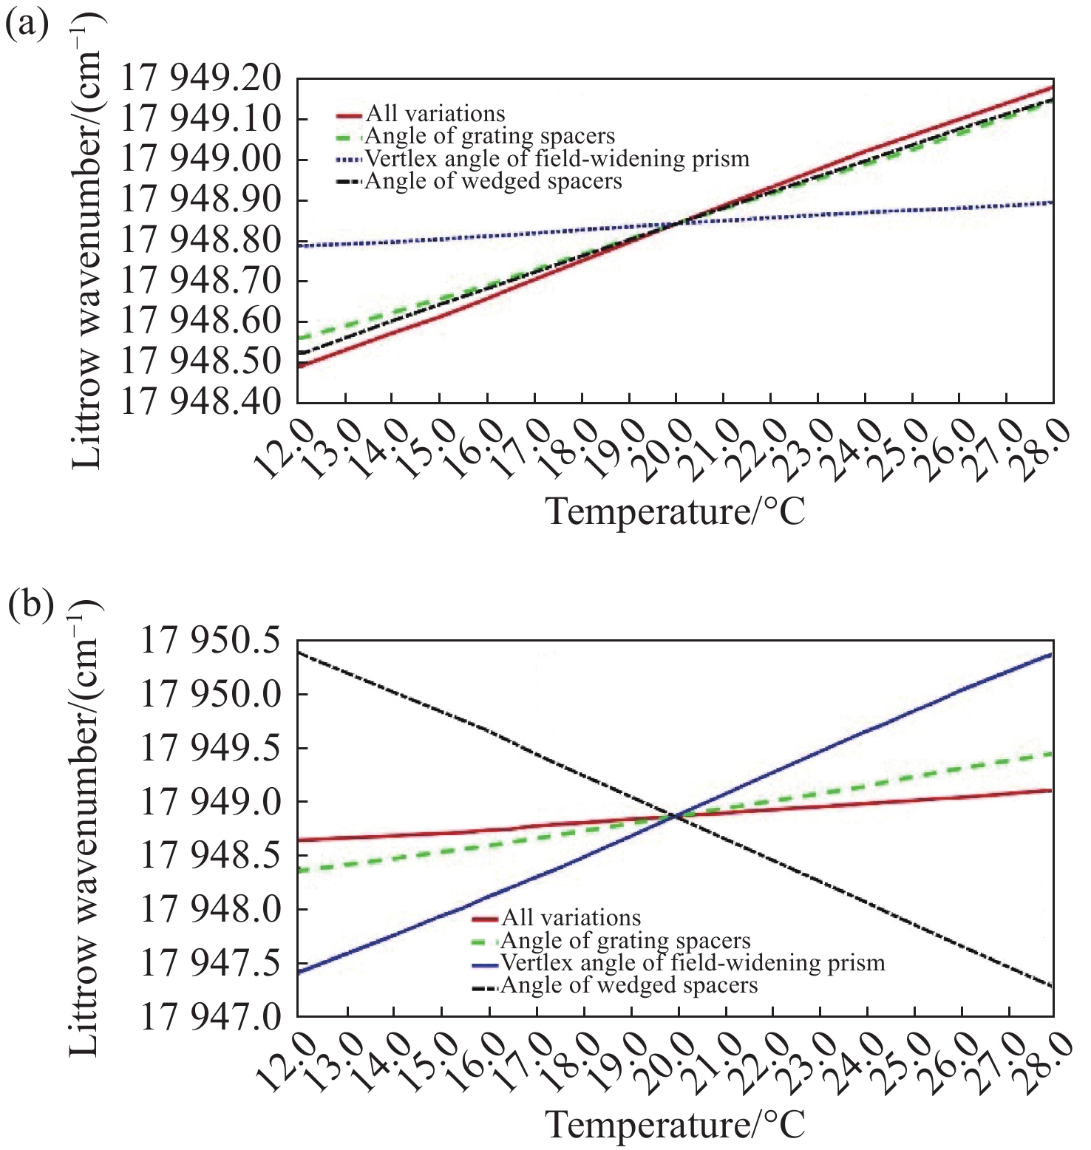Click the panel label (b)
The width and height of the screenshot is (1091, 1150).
30,605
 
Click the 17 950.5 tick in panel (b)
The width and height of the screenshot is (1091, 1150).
211,640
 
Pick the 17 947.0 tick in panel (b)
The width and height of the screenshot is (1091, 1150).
211,1017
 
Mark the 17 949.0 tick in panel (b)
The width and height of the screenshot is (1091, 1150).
211,802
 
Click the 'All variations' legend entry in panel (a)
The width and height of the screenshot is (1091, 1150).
435,114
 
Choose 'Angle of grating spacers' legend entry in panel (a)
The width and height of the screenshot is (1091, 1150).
490,137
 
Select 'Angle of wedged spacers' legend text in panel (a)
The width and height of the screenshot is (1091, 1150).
494,181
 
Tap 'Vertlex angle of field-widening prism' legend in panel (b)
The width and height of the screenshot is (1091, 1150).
693,963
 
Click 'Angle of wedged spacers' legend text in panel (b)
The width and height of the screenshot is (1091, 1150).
629,986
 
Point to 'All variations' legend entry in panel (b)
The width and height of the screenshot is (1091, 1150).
571,918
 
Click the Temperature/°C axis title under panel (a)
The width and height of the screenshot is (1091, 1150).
675,511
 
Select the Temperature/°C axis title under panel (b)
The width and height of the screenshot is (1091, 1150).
675,1125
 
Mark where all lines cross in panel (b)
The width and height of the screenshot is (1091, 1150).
675,816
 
